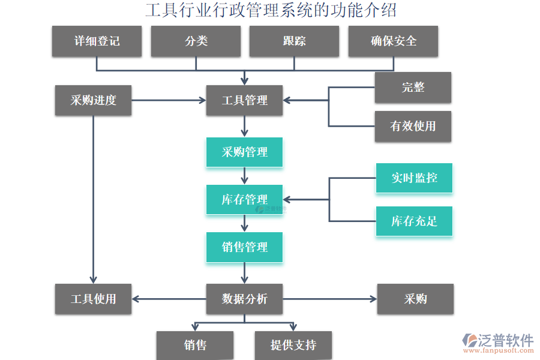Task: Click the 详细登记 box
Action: click(97, 41)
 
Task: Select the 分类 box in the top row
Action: click(196, 41)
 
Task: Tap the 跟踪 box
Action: click(294, 41)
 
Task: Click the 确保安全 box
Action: click(393, 41)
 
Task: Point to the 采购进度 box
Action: click(93, 100)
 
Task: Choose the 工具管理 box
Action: click(244, 100)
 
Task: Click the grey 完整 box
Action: click(413, 88)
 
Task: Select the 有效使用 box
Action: click(413, 126)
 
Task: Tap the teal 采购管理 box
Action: click(244, 152)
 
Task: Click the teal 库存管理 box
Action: click(244, 200)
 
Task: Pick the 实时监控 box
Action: click(414, 178)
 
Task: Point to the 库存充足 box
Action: click(414, 221)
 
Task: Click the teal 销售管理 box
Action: click(244, 247)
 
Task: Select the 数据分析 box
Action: click(244, 299)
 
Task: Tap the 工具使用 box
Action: click(93, 299)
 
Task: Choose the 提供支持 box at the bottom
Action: click(293, 346)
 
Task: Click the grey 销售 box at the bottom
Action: click(195, 346)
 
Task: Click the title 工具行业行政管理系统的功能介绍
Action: click(271, 10)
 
